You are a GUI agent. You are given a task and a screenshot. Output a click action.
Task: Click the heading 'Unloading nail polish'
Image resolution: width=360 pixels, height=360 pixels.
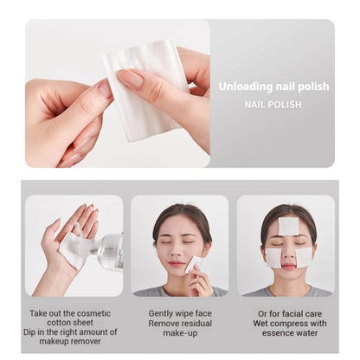(273, 87)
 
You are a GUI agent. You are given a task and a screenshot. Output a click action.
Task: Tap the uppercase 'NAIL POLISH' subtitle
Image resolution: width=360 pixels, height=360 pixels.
(273, 105)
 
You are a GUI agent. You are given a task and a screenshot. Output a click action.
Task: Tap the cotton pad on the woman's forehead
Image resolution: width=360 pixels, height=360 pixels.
(288, 226)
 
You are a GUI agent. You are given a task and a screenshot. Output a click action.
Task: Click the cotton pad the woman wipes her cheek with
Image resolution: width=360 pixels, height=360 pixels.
(191, 265)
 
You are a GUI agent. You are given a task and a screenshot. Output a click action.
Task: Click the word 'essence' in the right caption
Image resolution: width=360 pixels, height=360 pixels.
(278, 333)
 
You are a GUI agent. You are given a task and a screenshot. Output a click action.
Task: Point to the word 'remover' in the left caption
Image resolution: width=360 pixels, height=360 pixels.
(85, 341)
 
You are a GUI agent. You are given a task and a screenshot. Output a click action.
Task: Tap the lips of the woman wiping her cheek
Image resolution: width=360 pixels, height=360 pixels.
(176, 263)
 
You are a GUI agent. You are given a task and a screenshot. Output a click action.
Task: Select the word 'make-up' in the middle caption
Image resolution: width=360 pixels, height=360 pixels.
(180, 333)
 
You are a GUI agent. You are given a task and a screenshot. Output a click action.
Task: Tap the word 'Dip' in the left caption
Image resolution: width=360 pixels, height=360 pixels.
(29, 332)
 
